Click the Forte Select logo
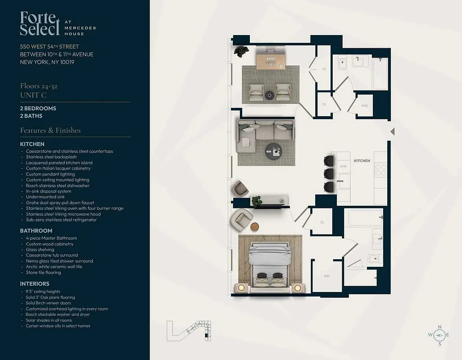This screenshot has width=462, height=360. pos(40,24)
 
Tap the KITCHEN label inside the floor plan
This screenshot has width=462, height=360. pos(362,161)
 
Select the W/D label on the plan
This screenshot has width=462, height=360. pos(364,106)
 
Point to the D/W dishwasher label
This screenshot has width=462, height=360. pos(343,166)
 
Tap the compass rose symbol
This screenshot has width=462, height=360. pos(439,335)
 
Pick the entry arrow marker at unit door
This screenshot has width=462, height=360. pos(392,131)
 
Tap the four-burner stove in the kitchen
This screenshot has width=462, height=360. pos(380,170)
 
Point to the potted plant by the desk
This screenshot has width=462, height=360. pos(241,51)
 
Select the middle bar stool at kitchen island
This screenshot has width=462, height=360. pos(329,174)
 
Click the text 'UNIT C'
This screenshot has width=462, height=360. pos(33,95)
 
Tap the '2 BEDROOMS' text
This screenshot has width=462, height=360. pos(38,108)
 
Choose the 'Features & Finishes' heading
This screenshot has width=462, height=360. pos(50,130)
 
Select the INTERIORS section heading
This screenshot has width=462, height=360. pos(35,284)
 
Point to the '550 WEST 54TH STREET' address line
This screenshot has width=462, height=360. pos(50,46)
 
